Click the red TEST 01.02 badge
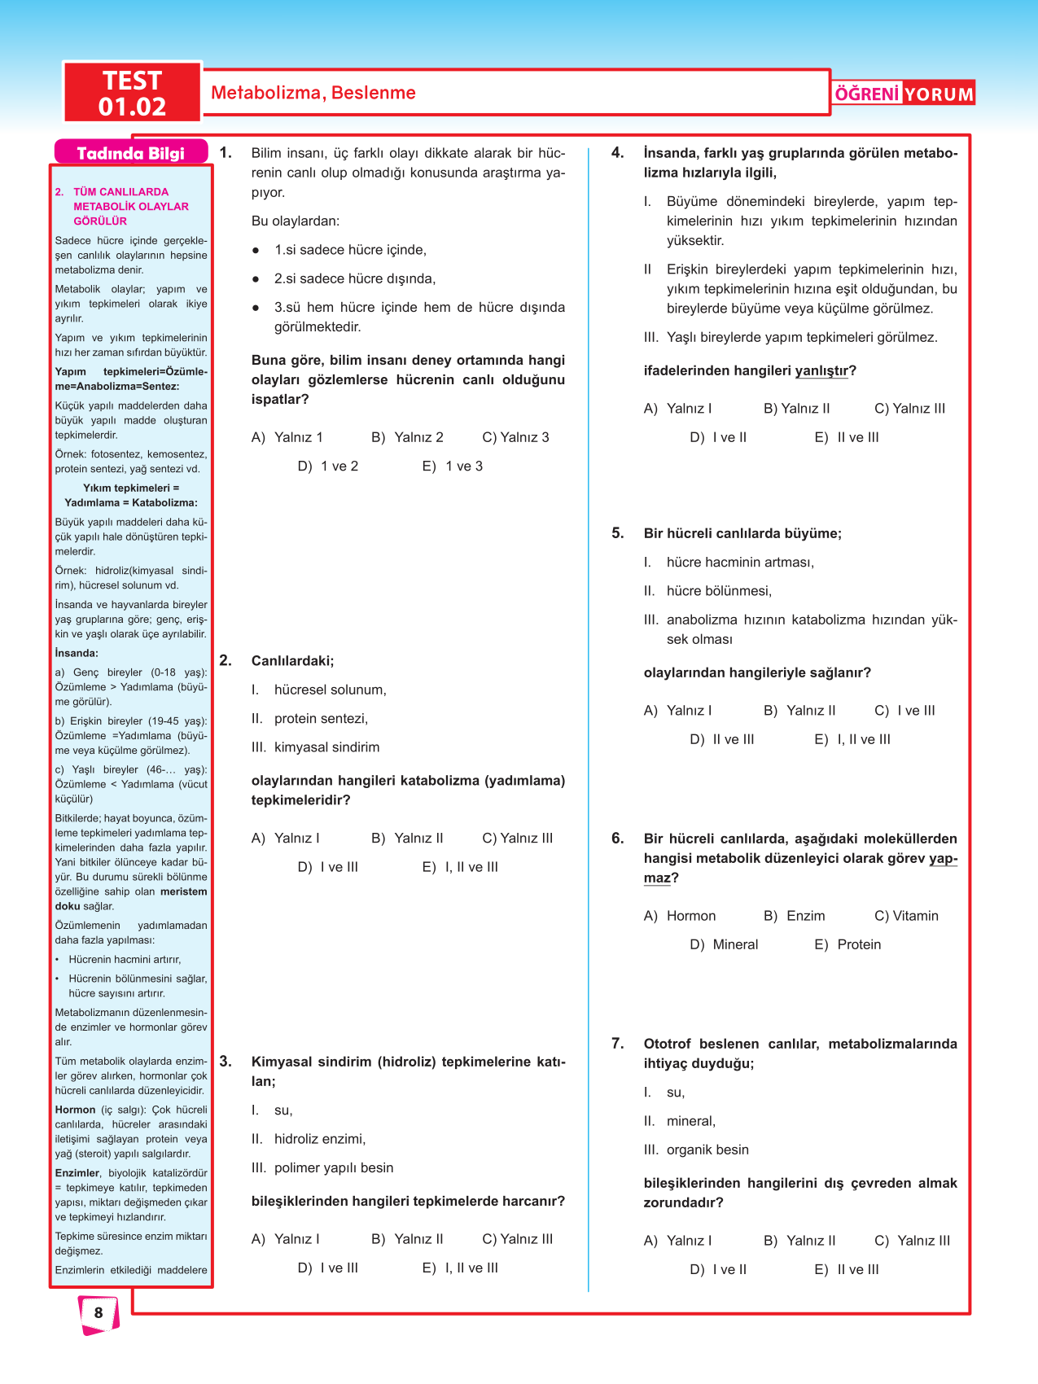(132, 93)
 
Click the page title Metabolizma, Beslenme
(313, 93)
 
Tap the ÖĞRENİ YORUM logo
(904, 94)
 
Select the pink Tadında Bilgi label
(130, 153)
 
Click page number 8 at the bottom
(99, 1312)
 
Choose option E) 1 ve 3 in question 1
(453, 466)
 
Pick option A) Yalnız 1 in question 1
(287, 438)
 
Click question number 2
(226, 660)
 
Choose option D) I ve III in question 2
(328, 868)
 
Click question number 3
(226, 1062)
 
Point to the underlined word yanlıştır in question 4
(821, 371)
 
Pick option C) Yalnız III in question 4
(909, 409)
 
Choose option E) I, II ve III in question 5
(852, 740)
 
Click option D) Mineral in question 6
(724, 945)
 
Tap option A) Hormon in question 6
(680, 917)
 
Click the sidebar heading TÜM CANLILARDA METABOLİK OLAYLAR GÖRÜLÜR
(130, 206)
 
